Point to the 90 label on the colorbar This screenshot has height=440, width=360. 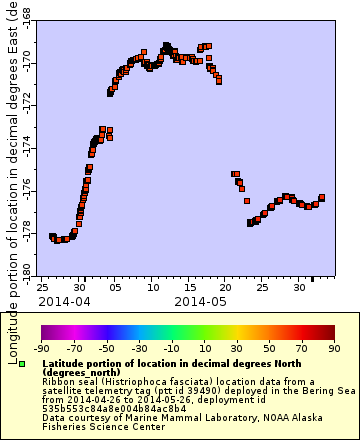(x=333, y=348)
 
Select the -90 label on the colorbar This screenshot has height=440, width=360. (x=42, y=348)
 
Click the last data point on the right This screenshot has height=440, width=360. (x=322, y=197)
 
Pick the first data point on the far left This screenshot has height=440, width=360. (x=52, y=236)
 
